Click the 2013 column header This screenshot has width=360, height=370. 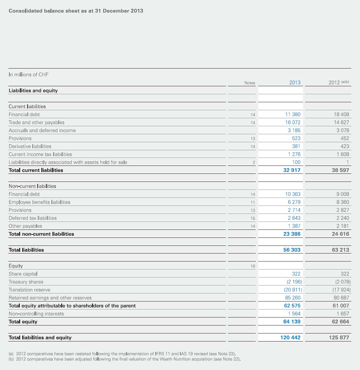pos(295,82)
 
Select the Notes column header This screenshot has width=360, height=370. pos(249,83)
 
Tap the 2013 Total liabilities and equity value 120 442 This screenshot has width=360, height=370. pos(290,337)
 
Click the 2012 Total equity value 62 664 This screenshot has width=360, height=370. pos(340,321)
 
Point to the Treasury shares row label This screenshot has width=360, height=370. pos(26,282)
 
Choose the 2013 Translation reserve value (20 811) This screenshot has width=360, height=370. pos(293,290)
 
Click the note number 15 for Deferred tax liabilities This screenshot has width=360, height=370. pos(253,218)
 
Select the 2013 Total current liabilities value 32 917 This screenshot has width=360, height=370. pos(292,170)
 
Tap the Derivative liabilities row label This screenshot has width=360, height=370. pos(30,146)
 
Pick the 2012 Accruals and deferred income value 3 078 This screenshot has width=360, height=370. pos(343,130)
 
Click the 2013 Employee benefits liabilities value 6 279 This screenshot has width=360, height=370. pos(294,202)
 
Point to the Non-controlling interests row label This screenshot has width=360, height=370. pos(36,314)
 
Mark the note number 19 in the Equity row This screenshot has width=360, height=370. pos(253,266)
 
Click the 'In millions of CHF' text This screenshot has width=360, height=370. pos(28,74)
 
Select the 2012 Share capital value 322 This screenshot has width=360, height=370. pos(345,274)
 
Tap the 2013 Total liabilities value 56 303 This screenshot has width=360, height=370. pos(292,250)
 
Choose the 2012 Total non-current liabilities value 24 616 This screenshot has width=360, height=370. pos(340,234)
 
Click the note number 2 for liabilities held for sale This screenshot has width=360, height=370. pos(254,162)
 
